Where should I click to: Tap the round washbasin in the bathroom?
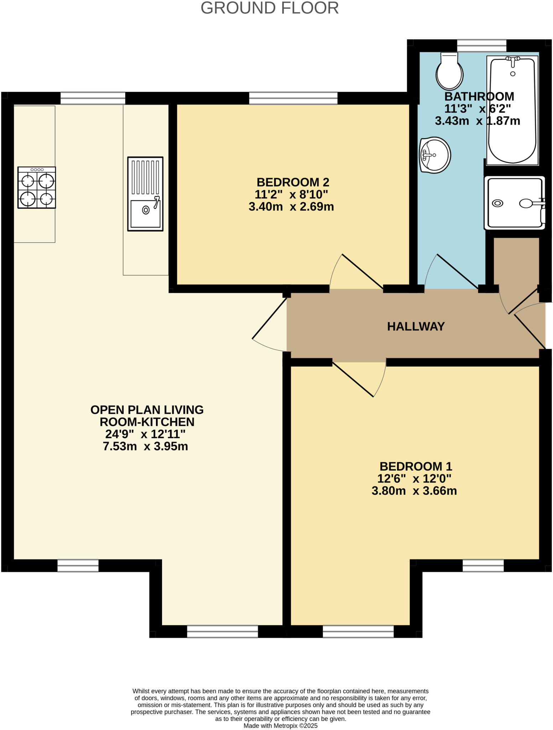click(x=435, y=155)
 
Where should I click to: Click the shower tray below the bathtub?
click(x=515, y=203)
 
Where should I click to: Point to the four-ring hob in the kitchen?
click(x=37, y=187)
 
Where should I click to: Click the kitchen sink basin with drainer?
click(x=145, y=194)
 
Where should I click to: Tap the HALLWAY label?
click(x=416, y=327)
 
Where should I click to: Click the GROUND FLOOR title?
click(x=270, y=8)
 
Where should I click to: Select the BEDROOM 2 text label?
click(x=293, y=182)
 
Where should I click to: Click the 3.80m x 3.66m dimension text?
click(x=414, y=491)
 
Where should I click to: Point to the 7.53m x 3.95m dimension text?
click(x=145, y=446)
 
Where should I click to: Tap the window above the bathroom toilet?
click(x=481, y=46)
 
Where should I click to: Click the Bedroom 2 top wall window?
click(x=293, y=98)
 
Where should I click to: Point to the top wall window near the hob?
click(x=93, y=98)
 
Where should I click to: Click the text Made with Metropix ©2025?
click(x=280, y=725)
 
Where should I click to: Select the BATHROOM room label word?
click(x=479, y=97)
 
